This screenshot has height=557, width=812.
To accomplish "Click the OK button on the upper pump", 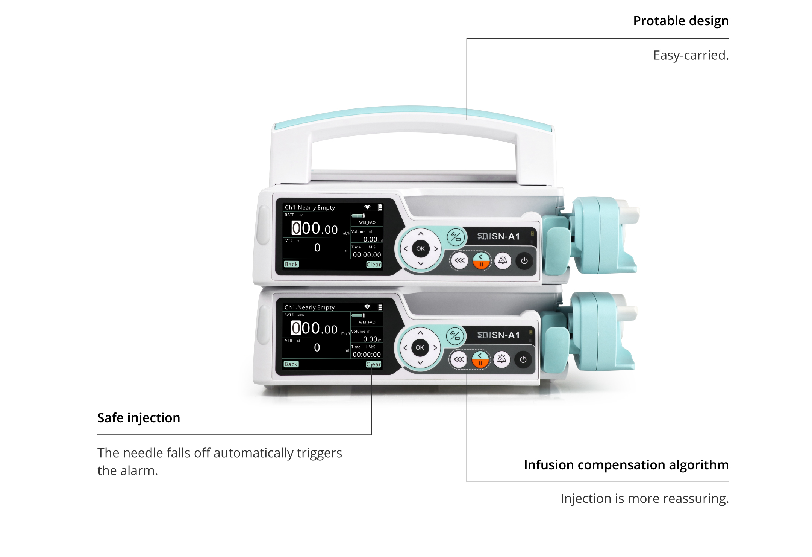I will pos(420,248).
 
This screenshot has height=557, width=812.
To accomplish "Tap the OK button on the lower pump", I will pos(420,348).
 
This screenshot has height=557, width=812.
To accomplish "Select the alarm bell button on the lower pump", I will pos(501,359).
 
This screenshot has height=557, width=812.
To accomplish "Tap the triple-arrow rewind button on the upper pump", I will pos(459,260).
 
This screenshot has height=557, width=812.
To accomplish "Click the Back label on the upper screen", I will pos(291,264).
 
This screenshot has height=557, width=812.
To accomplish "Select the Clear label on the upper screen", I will pos(374,265).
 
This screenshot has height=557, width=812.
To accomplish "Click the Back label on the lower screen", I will pos(291,364).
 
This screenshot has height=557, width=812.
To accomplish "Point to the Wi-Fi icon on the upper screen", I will pos(367,207).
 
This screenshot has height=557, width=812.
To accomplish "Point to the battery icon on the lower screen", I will pos(380,307).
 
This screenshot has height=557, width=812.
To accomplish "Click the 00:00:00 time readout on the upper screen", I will pos(367,255).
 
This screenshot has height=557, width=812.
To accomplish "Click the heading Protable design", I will pos(681,21).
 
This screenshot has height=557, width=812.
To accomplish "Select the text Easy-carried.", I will pos(691,55).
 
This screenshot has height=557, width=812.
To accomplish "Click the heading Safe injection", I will pos(139,418).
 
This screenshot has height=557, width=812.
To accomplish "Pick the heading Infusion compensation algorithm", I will pos(626,465).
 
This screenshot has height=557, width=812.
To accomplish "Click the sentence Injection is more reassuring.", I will pos(644,498).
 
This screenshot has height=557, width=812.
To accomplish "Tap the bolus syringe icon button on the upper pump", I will pos(456,237).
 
